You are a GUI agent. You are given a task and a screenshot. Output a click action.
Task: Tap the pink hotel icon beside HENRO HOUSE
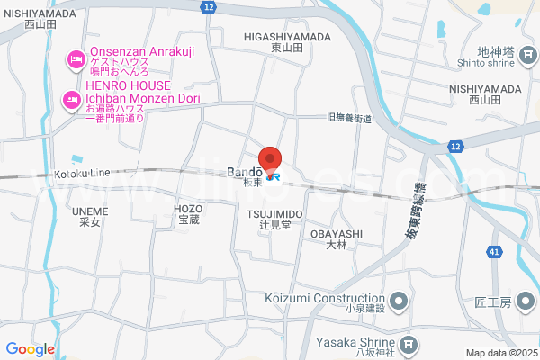[x=68, y=102]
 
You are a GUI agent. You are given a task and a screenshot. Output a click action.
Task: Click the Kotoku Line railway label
[x=81, y=172]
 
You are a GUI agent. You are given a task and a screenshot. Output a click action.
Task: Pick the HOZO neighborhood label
[x=188, y=211]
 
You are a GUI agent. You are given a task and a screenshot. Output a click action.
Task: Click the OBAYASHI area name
[x=336, y=238]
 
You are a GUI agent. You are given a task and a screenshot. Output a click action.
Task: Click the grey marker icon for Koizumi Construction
[x=396, y=299]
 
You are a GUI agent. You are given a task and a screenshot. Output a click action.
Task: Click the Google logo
[x=30, y=349]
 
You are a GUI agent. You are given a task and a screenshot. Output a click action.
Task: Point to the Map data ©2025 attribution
[x=500, y=353]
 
